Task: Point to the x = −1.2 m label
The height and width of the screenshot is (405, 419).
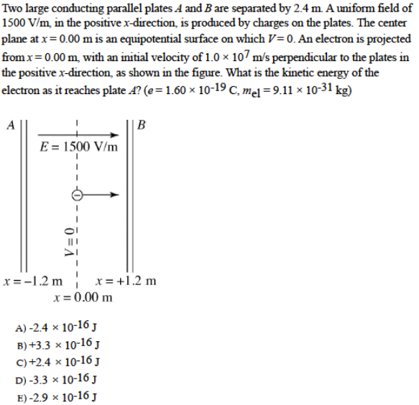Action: click(x=32, y=281)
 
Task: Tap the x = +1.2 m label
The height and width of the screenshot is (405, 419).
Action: click(x=125, y=281)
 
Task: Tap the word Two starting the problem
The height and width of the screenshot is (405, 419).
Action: click(x=14, y=9)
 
